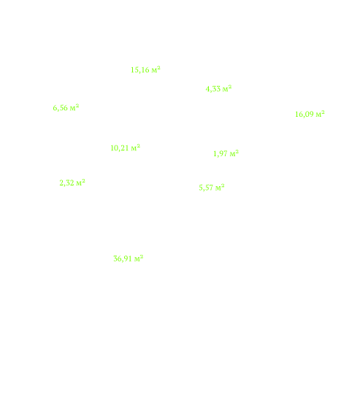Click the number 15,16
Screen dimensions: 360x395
(140, 70)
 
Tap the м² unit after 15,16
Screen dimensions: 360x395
(156, 69)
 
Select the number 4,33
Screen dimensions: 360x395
(213, 89)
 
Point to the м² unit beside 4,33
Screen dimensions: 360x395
(227, 88)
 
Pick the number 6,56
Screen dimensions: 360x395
(60, 108)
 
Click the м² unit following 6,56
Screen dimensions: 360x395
(74, 107)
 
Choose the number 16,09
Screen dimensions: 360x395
(305, 115)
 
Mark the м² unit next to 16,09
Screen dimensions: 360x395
(320, 114)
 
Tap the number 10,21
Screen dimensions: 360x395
(120, 148)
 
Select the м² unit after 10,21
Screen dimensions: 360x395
(136, 147)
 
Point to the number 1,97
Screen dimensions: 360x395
(221, 153)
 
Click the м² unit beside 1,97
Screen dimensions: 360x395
(234, 153)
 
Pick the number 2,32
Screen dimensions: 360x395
(66, 183)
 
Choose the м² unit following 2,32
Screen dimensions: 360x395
(80, 182)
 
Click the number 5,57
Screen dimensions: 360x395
(206, 188)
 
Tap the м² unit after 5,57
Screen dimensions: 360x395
(220, 187)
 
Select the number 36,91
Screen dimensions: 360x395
(123, 259)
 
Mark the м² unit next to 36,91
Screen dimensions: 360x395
(139, 258)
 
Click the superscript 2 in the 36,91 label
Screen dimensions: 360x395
(142, 257)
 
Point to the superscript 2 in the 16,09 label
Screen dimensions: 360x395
(323, 112)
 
